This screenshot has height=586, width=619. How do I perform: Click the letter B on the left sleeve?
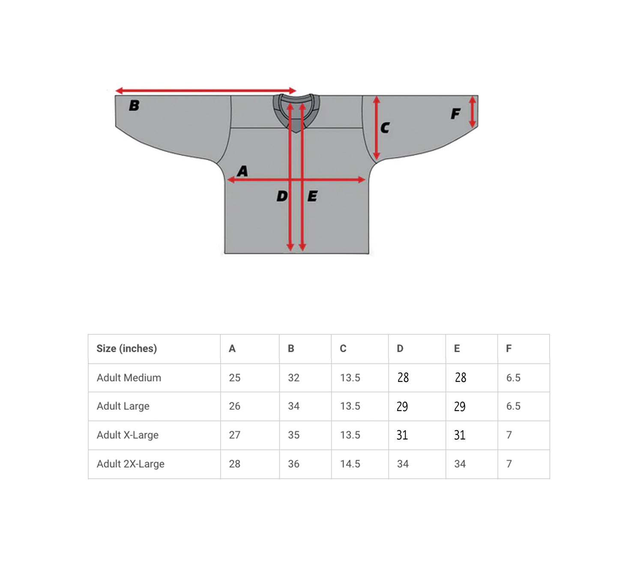coord(134,105)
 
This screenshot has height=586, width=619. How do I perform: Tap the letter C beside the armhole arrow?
coord(385,128)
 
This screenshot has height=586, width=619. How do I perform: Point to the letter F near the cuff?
coord(456,114)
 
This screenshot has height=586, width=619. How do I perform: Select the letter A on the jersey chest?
coord(242,171)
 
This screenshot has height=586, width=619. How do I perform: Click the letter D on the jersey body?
coord(282,196)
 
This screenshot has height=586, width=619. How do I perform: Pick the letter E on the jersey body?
coord(312,196)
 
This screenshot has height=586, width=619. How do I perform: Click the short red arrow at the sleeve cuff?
coord(472,112)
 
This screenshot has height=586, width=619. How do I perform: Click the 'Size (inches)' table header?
coord(126,349)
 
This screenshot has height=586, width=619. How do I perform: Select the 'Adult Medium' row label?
coord(129,377)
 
